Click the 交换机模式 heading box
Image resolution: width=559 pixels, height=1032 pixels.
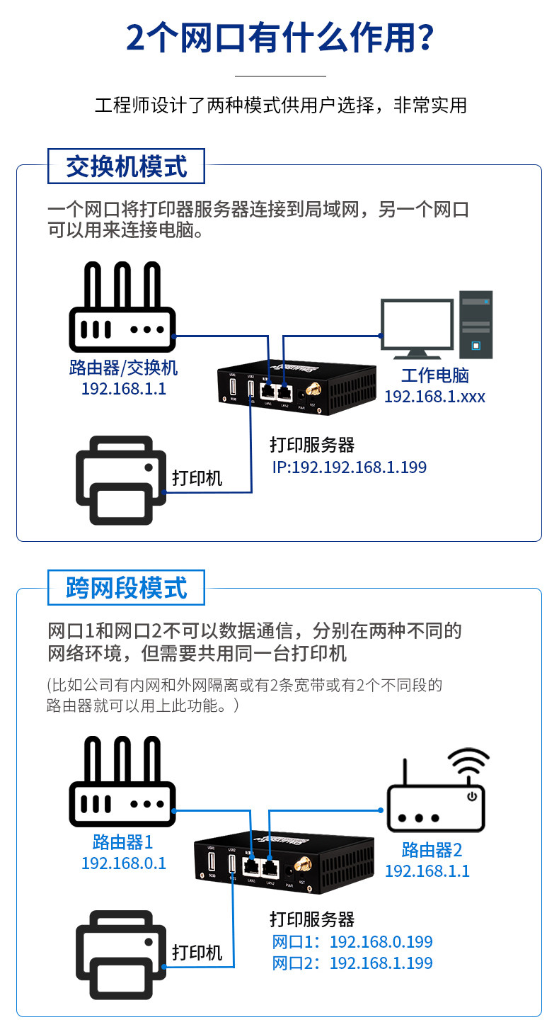tap(126, 166)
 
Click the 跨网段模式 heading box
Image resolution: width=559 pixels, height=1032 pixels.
tap(126, 588)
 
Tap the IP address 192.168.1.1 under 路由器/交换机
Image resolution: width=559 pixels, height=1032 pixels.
tap(124, 388)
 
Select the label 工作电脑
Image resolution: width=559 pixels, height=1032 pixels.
tap(435, 375)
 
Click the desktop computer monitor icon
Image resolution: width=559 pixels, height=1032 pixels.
tap(417, 326)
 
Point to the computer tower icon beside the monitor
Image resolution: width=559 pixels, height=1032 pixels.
tap(476, 324)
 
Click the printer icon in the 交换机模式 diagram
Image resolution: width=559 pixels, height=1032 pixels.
tap(121, 480)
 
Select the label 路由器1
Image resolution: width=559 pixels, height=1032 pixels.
tap(122, 842)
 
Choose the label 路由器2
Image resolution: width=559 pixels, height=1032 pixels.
tap(432, 849)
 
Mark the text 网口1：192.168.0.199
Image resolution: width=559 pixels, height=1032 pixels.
tap(352, 942)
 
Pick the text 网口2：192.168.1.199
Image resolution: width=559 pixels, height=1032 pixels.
tap(352, 963)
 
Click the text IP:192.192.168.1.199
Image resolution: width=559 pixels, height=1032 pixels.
tap(350, 467)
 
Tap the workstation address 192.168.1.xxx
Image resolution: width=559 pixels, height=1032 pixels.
tap(434, 397)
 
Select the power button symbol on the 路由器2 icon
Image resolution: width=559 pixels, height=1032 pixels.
tap(472, 797)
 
